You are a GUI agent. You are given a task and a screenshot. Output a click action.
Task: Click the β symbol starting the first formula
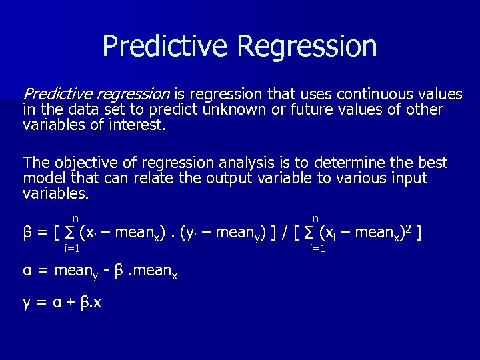point(27,233)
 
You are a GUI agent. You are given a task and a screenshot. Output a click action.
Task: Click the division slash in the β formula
point(285,233)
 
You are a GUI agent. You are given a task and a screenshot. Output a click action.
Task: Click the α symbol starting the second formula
point(27,271)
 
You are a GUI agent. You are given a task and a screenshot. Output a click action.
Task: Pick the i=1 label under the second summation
point(317,249)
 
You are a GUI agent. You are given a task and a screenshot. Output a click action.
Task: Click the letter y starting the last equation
point(27,303)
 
